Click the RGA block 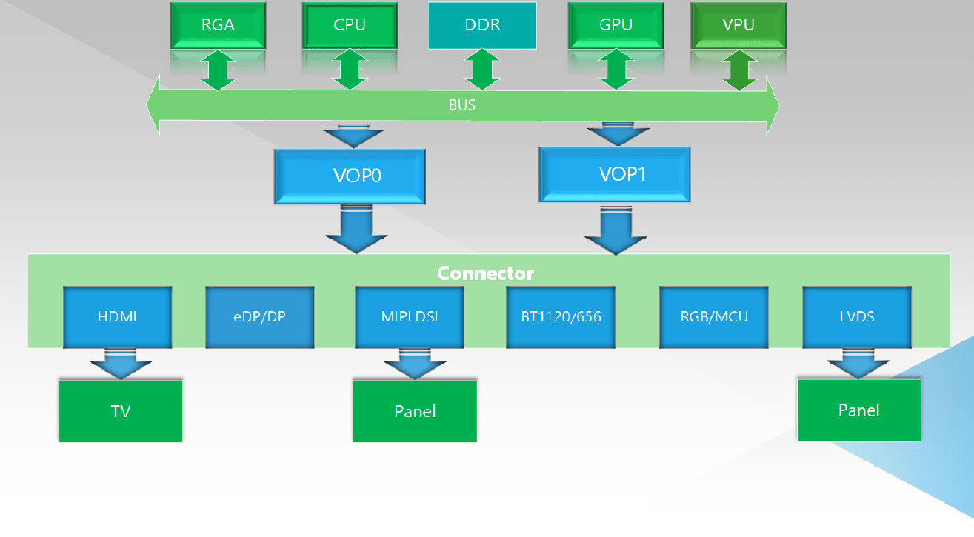[219, 25]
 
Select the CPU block [350, 25]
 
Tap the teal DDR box [482, 25]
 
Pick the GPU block [616, 25]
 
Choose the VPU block [738, 25]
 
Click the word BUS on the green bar [462, 105]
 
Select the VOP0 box [350, 176]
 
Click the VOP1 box [615, 174]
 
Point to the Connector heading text [485, 273]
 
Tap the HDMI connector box [118, 317]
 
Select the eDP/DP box [259, 317]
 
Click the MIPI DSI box [410, 317]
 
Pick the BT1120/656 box [561, 317]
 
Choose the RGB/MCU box [714, 317]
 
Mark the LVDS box [858, 317]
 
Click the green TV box [121, 411]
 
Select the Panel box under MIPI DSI [415, 411]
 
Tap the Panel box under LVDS [859, 410]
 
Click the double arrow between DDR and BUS [482, 70]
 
